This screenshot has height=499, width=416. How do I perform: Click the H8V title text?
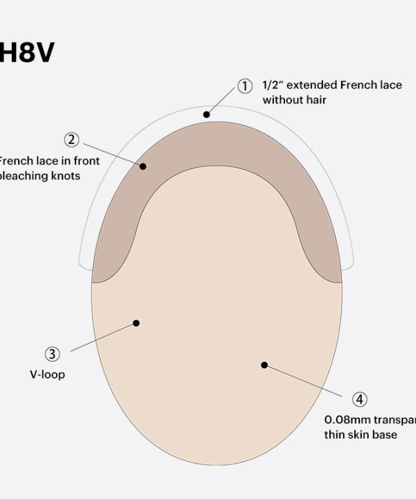(x=26, y=53)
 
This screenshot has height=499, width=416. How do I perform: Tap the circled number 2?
(x=71, y=139)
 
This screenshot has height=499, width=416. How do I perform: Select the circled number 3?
(x=52, y=355)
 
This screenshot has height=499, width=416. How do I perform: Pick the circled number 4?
(x=359, y=399)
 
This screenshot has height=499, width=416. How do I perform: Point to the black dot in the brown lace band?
(x=144, y=166)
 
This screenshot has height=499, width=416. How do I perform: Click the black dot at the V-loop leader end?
(x=137, y=322)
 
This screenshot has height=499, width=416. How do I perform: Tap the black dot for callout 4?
(x=263, y=365)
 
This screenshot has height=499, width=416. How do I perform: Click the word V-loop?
(x=47, y=376)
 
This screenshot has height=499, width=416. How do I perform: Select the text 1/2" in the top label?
(x=272, y=85)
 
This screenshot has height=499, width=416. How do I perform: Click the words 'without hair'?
(x=294, y=100)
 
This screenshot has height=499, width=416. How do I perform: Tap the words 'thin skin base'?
(x=361, y=435)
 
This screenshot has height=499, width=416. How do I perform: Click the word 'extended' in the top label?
(x=311, y=85)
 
